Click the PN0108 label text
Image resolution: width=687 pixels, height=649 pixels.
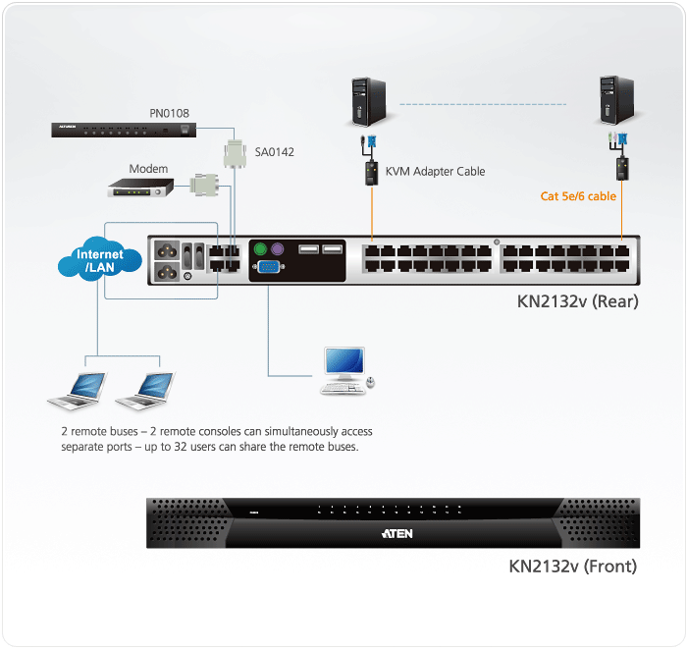(x=170, y=113)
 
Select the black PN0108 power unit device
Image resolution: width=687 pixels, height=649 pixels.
(x=124, y=129)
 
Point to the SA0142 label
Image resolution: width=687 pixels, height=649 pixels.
(x=275, y=152)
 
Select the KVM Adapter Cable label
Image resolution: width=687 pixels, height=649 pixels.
(x=435, y=171)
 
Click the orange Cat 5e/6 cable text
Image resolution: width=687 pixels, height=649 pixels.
(x=578, y=196)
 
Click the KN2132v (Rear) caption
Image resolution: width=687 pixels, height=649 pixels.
(x=577, y=301)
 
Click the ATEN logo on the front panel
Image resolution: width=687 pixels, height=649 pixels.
(x=396, y=534)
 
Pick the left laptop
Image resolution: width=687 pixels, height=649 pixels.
(x=79, y=390)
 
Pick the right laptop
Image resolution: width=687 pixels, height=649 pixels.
(x=146, y=390)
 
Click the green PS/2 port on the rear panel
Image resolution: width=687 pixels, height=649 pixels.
(x=260, y=250)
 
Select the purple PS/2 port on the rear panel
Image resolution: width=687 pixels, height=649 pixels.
(x=278, y=250)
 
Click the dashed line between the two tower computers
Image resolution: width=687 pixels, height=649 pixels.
(x=491, y=102)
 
